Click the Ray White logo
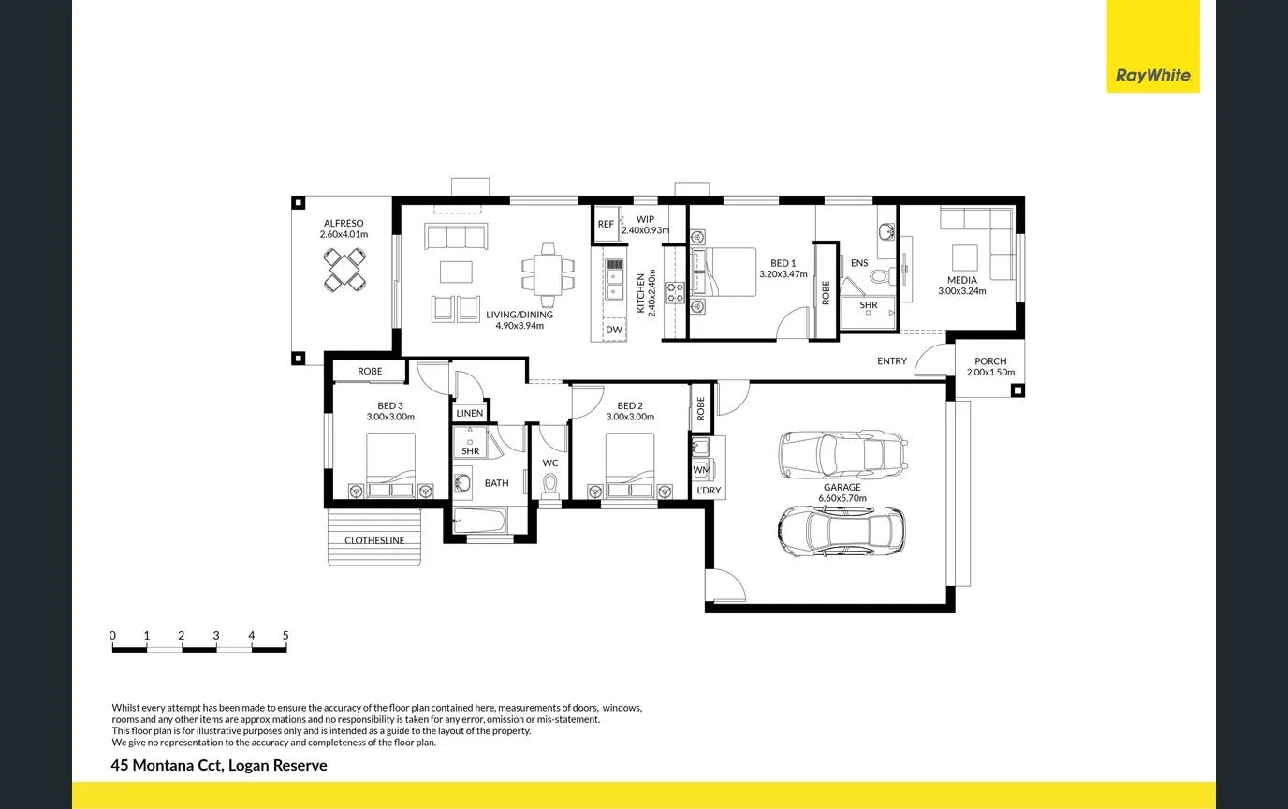[1152, 76]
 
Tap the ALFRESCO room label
[344, 224]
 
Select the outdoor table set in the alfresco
[344, 272]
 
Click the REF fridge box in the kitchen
[606, 225]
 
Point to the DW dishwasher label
[613, 330]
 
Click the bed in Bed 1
[723, 272]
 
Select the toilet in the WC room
[550, 485]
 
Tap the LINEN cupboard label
[470, 413]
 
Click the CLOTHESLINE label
[374, 540]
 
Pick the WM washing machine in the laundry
[702, 469]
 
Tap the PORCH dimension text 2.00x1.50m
[990, 373]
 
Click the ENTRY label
[891, 361]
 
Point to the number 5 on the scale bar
[285, 636]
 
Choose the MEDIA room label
[961, 280]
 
